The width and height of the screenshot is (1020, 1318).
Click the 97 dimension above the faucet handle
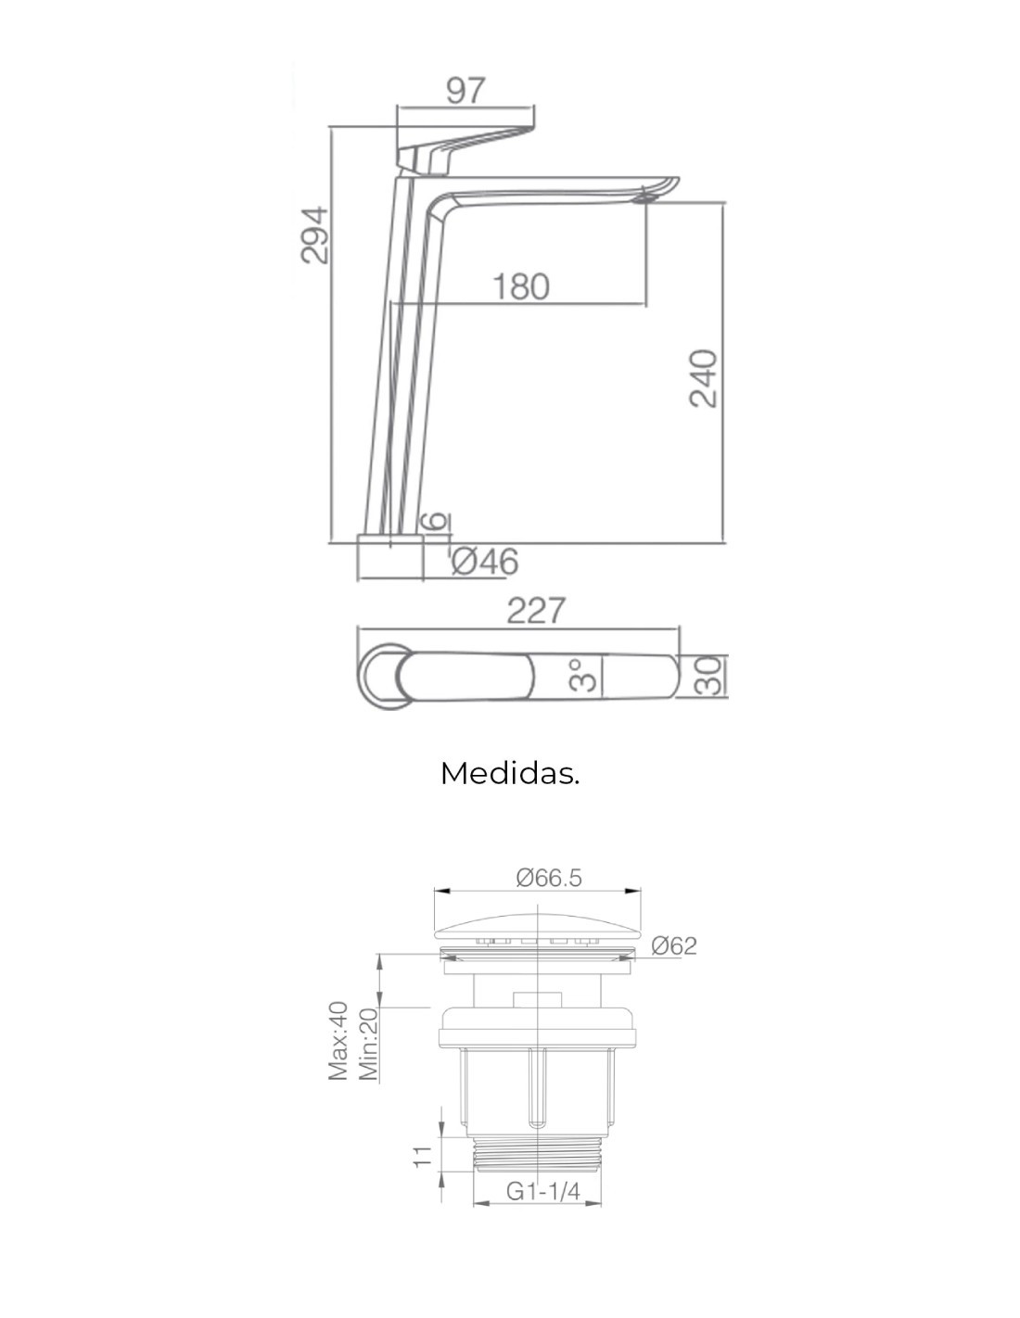tap(466, 91)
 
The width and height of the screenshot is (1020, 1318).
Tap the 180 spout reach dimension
tap(520, 287)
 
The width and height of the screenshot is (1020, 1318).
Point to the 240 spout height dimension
tap(703, 378)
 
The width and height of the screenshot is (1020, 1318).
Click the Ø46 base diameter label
tap(485, 561)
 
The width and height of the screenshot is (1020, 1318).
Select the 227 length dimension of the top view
tap(536, 610)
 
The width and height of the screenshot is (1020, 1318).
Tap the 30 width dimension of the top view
tap(708, 675)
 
